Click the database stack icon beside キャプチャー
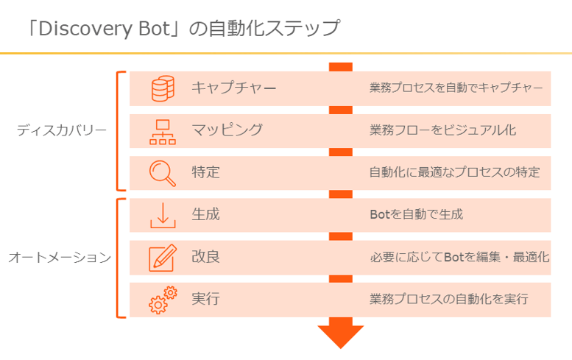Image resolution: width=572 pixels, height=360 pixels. pos(163,88)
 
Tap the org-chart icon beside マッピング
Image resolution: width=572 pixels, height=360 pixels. pos(163,132)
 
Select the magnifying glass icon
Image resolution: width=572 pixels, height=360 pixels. pos(163,174)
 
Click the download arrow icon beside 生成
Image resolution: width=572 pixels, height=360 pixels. pos(163,216)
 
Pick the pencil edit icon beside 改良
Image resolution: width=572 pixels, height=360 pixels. pos(163,258)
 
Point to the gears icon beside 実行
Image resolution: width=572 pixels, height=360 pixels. pos(163,300)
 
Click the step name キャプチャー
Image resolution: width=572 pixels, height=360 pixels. pos(234,88)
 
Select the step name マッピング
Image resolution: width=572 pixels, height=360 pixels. pos(227,130)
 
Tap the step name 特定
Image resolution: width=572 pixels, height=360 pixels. pos(205,172)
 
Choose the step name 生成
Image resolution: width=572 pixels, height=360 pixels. pos(205,214)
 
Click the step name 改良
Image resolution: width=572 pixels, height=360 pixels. pos(205,256)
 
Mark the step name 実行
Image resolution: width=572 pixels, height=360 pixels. pos(205,299)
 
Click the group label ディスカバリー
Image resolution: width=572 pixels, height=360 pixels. pos(62,130)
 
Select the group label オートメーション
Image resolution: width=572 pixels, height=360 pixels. pos(60,258)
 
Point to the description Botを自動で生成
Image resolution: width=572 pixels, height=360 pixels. pos(416,214)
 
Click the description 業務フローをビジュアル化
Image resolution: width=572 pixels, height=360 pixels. pos(443,130)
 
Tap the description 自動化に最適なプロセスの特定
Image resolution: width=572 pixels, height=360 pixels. pos(454,172)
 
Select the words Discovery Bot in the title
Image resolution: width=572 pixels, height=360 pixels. pos(105,29)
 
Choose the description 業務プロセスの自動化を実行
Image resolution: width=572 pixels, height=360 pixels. pos(449,299)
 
